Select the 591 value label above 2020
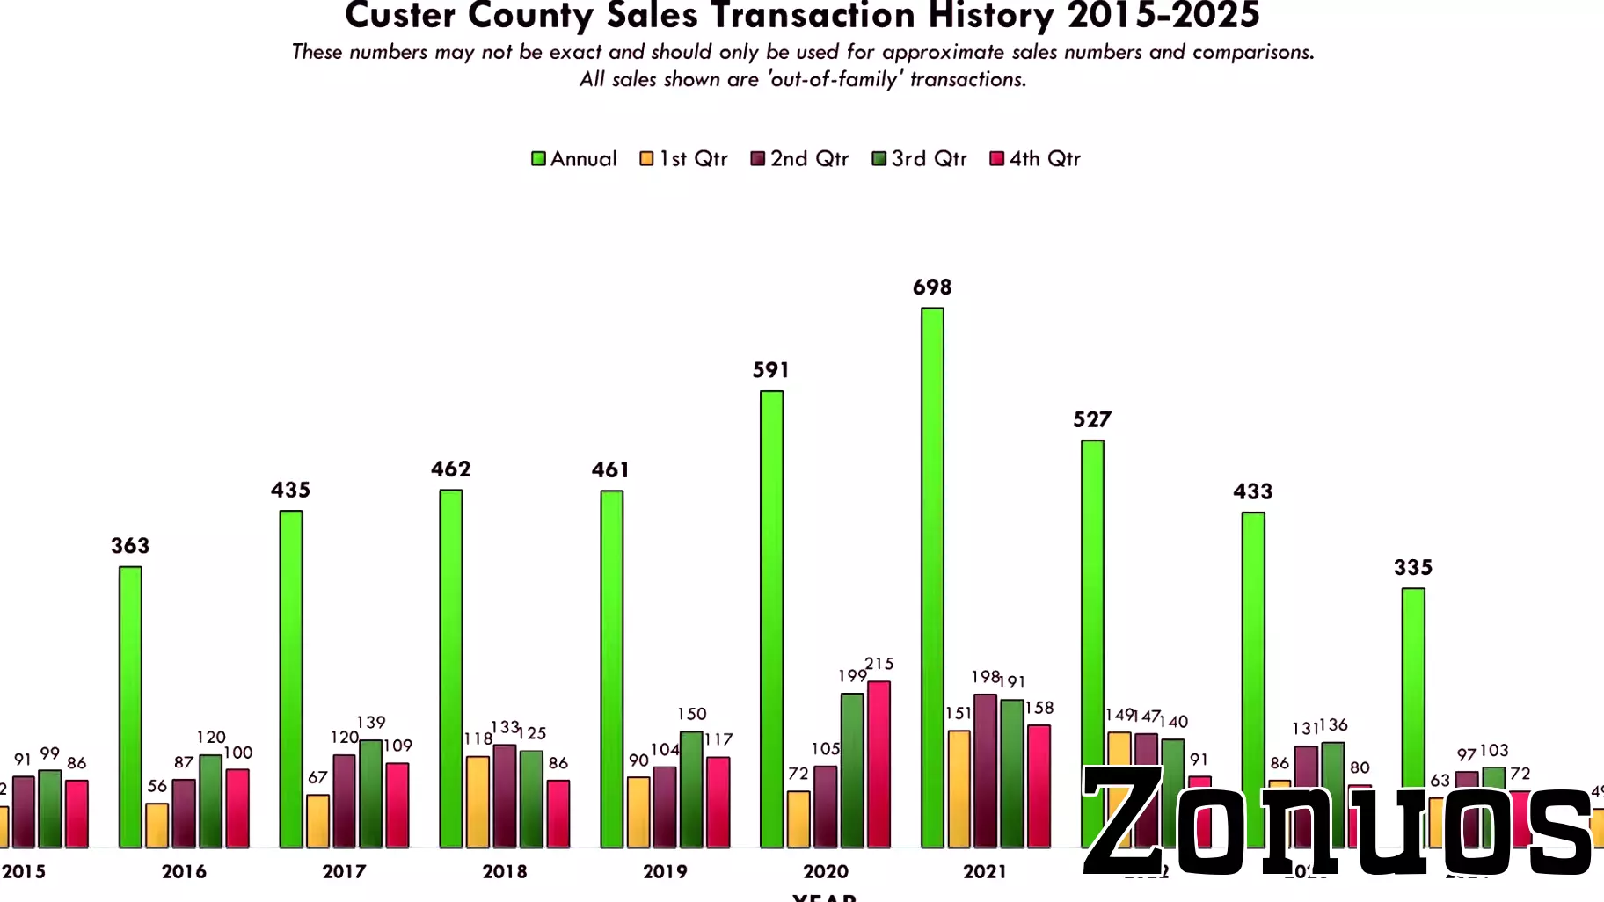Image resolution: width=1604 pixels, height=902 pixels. coord(770,370)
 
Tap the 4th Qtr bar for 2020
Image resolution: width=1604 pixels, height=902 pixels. coord(879,764)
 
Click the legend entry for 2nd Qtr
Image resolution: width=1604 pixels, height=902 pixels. coord(800,159)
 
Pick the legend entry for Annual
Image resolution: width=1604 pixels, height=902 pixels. coord(574,159)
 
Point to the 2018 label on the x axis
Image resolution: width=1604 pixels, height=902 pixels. coord(504,871)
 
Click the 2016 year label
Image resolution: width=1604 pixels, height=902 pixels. coord(184,871)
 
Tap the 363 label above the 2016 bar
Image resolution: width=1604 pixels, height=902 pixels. coord(130,546)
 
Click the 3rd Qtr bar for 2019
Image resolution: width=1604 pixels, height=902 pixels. coord(691,789)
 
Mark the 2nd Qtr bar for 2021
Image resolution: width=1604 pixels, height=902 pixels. coord(985,771)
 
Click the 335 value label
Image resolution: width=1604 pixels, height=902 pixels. coord(1412,568)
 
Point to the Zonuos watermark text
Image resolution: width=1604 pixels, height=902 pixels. coord(1337,822)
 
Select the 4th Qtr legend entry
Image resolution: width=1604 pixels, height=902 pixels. coord(1035,159)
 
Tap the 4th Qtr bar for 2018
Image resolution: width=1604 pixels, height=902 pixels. coord(558,813)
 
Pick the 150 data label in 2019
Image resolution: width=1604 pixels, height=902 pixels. coord(691,714)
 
